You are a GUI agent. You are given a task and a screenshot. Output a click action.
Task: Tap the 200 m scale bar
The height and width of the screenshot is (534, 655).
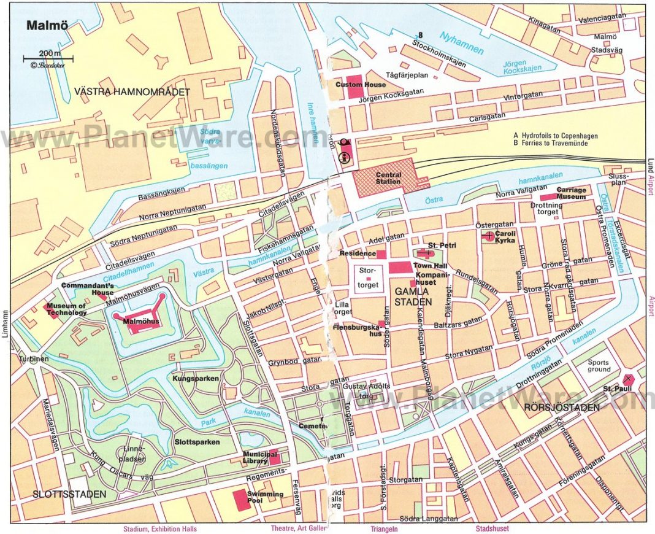coord(48,60)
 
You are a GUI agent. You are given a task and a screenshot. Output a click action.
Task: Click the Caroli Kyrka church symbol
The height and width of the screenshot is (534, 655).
coord(489,235)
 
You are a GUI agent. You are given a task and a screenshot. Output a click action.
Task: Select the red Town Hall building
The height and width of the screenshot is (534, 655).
coord(401,267)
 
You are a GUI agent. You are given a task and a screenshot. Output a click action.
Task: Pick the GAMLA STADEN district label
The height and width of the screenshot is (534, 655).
coord(412,296)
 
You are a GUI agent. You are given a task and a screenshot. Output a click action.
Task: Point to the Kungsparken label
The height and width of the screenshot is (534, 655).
coord(196,379)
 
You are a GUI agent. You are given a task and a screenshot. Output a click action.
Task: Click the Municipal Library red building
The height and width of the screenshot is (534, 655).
coord(274,458)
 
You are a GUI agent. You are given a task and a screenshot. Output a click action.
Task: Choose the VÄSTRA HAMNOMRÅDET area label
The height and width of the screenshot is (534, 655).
coord(132,91)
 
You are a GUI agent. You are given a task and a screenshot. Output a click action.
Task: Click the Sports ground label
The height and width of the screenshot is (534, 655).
coord(599,366)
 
